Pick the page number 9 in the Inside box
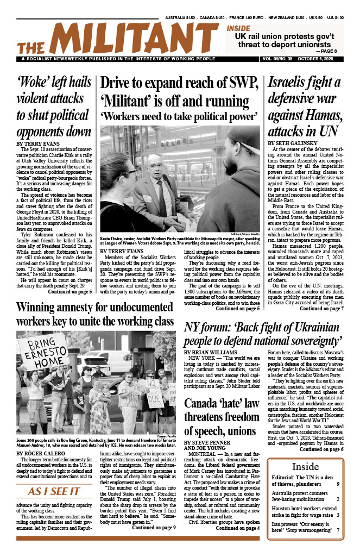coord(338,484)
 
